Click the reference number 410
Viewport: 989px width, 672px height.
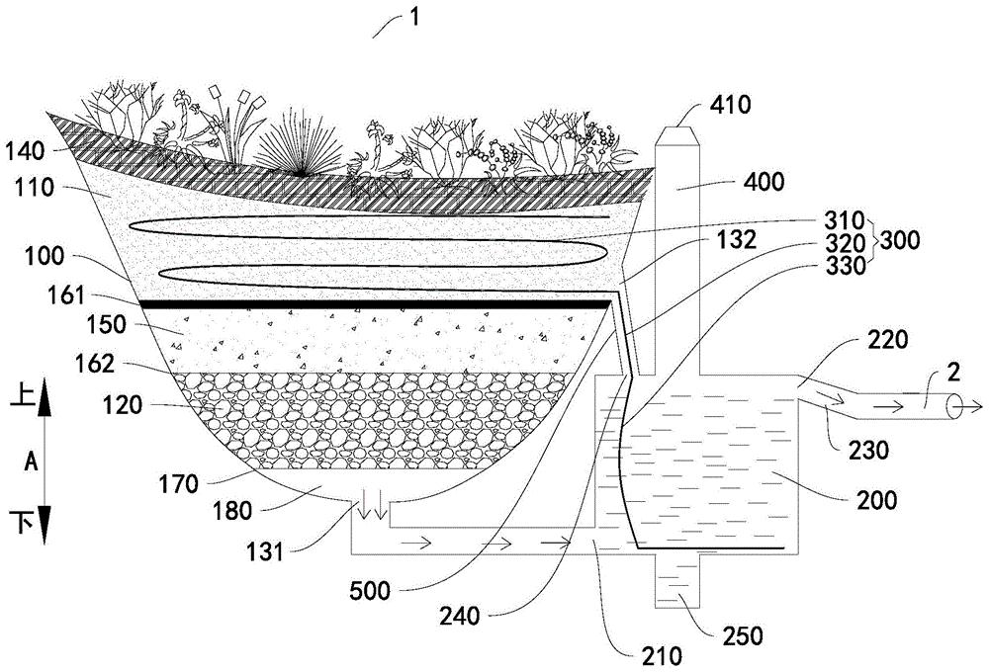click(x=730, y=104)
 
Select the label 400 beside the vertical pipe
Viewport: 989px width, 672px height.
click(x=764, y=182)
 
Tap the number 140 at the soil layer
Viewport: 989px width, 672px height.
click(x=25, y=151)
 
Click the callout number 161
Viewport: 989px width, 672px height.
click(x=65, y=295)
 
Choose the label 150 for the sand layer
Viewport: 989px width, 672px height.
click(x=105, y=325)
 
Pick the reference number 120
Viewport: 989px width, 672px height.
click(x=122, y=405)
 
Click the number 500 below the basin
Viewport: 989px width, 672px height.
click(x=370, y=591)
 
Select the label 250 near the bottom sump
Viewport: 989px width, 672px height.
click(x=742, y=636)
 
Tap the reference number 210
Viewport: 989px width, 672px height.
click(x=661, y=656)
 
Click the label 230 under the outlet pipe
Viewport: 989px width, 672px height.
click(x=868, y=450)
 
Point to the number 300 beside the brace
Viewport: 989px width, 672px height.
click(x=899, y=240)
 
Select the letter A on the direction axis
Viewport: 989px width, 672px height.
click(x=31, y=462)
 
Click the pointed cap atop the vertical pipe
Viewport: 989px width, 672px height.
click(x=677, y=136)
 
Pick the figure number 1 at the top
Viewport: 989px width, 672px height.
click(x=413, y=17)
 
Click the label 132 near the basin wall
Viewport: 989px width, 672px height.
click(x=736, y=239)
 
